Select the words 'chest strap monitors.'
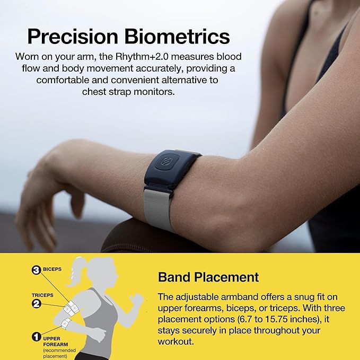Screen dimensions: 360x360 tap(128, 92)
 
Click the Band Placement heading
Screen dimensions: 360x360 tap(208, 277)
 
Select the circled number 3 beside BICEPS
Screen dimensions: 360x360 tap(37, 270)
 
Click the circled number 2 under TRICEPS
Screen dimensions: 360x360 tap(37, 304)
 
